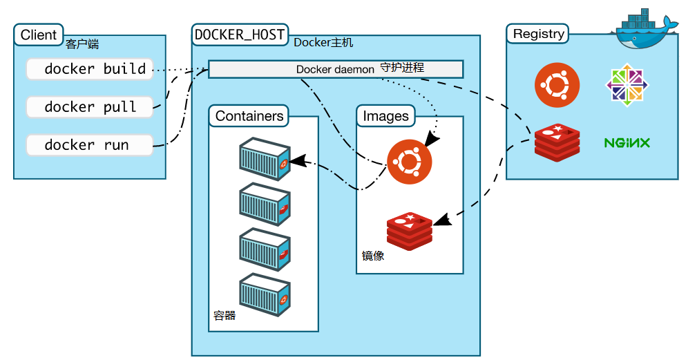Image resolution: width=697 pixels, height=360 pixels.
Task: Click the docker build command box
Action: click(89, 69)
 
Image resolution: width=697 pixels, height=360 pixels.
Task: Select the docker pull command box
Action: click(89, 107)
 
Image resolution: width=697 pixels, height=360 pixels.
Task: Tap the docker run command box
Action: click(89, 145)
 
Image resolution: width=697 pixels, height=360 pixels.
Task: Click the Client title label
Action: click(39, 35)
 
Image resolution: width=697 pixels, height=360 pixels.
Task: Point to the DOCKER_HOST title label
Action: click(240, 35)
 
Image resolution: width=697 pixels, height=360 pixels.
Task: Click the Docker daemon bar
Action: click(336, 69)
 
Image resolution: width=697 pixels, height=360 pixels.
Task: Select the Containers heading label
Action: click(249, 116)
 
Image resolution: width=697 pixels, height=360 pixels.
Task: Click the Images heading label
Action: click(385, 116)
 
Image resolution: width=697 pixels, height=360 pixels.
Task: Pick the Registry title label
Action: click(539, 33)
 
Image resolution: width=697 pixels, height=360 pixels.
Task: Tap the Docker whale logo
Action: click(645, 31)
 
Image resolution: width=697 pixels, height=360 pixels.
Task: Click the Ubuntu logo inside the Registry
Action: click(557, 86)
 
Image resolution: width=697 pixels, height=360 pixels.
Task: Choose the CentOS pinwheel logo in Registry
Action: click(627, 86)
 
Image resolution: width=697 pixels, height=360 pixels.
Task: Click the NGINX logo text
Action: click(627, 143)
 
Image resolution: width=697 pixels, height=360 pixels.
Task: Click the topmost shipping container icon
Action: click(264, 159)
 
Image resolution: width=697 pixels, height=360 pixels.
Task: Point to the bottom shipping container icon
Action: click(264, 295)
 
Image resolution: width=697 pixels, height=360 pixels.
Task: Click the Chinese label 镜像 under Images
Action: click(373, 256)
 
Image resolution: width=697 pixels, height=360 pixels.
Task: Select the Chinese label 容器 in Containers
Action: click(225, 316)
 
